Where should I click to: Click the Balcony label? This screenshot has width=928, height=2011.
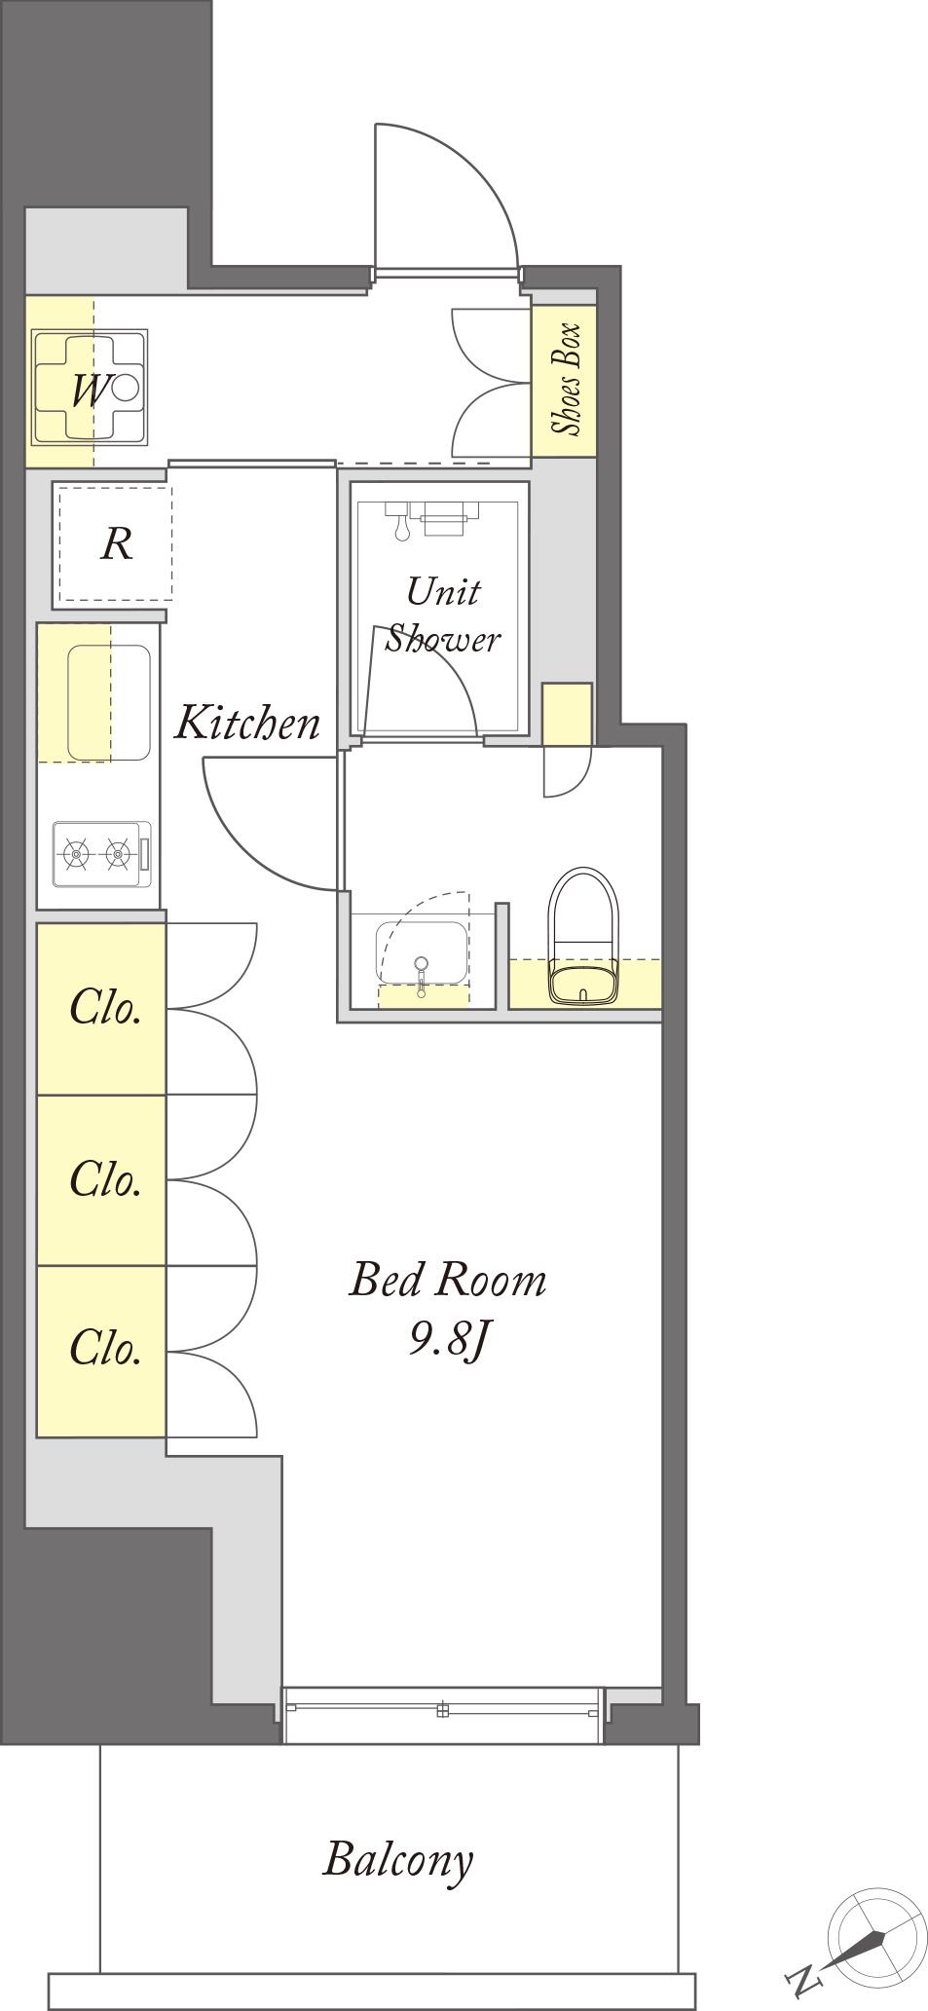[x=398, y=1861]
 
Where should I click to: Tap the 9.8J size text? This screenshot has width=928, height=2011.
[x=447, y=1341]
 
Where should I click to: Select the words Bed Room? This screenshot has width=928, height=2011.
[x=448, y=1280]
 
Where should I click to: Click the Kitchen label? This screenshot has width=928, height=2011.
[x=247, y=723]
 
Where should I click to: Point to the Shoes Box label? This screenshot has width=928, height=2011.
[x=565, y=379]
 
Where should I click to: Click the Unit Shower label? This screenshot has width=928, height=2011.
[x=443, y=615]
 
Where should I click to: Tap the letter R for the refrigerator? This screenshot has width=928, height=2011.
[x=116, y=543]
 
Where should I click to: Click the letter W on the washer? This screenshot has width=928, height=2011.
[x=89, y=391]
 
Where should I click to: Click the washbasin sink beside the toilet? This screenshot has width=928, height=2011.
[x=421, y=957]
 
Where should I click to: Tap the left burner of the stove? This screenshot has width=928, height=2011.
[x=76, y=854]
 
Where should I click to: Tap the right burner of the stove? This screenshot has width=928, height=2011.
[x=119, y=854]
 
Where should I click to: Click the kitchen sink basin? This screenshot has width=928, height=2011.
[x=108, y=702]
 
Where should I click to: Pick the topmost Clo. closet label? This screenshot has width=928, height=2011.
[x=106, y=1008]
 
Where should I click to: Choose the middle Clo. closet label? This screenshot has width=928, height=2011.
[x=106, y=1179]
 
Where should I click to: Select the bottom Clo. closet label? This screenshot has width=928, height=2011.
[x=106, y=1348]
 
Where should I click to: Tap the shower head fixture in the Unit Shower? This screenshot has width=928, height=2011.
[x=398, y=520]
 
